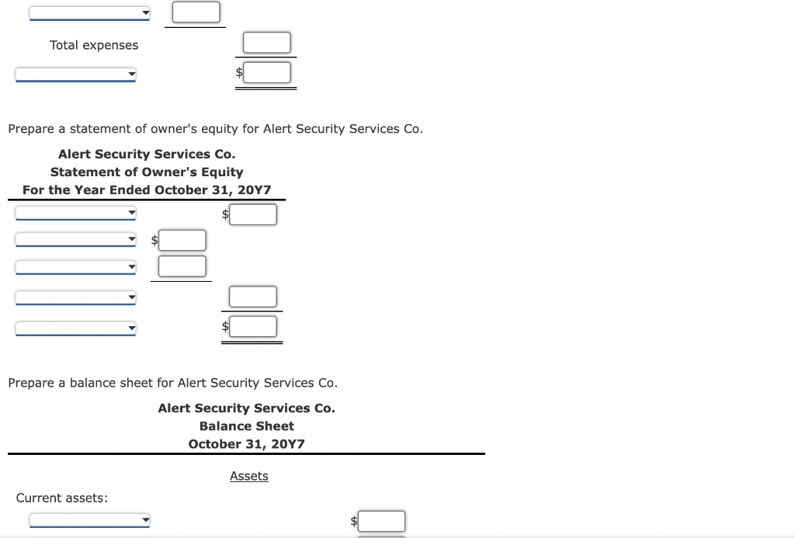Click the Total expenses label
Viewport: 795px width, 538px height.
pos(94,45)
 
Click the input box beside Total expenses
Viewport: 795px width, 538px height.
pos(267,43)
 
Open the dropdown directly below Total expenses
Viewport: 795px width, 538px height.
pos(76,75)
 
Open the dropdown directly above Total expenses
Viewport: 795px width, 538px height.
pos(90,13)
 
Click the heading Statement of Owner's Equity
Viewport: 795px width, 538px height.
pos(147,172)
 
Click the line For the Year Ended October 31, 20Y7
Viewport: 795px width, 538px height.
pos(147,189)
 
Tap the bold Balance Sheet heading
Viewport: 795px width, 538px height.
pos(247,425)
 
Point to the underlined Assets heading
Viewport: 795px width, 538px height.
pos(248,476)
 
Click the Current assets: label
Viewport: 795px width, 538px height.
pos(62,498)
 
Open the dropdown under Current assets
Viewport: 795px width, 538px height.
pos(90,520)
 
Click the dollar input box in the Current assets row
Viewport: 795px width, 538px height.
pos(381,521)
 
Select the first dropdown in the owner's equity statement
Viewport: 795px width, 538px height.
pos(76,213)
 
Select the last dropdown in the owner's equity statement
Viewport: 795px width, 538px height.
pos(76,328)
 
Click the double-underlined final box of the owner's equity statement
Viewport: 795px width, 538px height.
pos(253,326)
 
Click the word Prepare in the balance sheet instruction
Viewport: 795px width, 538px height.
pos(31,383)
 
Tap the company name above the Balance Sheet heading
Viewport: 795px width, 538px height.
pos(247,408)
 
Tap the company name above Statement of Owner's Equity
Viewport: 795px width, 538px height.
pos(147,154)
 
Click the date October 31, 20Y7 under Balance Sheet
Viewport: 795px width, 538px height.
pos(247,443)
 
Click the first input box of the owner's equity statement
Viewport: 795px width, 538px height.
pos(253,214)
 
